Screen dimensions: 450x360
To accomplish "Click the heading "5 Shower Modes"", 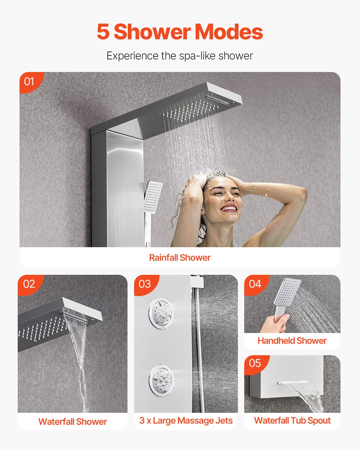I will pyautogui.click(x=180, y=32).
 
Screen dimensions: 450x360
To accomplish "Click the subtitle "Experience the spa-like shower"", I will pyautogui.click(x=180, y=56).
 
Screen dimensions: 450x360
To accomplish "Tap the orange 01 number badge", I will pyautogui.click(x=29, y=81).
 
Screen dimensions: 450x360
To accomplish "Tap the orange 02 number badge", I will pyautogui.click(x=29, y=284).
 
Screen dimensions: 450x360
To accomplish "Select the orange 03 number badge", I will pyautogui.click(x=145, y=284).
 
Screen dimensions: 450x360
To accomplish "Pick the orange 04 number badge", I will pyautogui.click(x=255, y=284).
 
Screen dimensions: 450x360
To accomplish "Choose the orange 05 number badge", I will pyautogui.click(x=255, y=363).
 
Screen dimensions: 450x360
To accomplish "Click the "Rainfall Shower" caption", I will pyautogui.click(x=180, y=257).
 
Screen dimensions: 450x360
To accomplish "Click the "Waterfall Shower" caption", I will pyautogui.click(x=73, y=421).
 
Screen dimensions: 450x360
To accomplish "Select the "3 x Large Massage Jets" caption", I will pyautogui.click(x=186, y=421).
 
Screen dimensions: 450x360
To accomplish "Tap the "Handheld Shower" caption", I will pyautogui.click(x=292, y=341).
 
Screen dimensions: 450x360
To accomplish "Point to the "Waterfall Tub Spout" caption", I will pyautogui.click(x=292, y=421).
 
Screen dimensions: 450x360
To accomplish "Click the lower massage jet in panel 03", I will pyautogui.click(x=161, y=380).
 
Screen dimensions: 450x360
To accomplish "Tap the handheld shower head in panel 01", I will pyautogui.click(x=153, y=197).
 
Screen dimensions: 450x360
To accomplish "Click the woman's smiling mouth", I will pyautogui.click(x=229, y=208).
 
